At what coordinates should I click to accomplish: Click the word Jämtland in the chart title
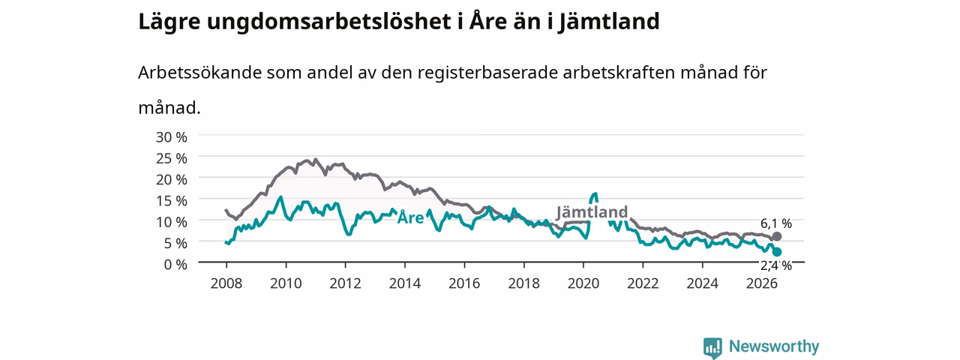click(608, 22)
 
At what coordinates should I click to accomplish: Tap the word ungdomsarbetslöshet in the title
click(329, 22)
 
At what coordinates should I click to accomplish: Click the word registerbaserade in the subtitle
click(487, 73)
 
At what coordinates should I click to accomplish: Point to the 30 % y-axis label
click(172, 137)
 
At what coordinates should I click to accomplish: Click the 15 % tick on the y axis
click(172, 200)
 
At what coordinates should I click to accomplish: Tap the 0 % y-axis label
click(175, 265)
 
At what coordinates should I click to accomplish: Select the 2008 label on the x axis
click(226, 283)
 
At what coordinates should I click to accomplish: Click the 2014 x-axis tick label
click(404, 283)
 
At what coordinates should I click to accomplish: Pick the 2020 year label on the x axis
click(583, 283)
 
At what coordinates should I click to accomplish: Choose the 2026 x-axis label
click(761, 283)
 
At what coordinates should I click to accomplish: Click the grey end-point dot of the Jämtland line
click(776, 236)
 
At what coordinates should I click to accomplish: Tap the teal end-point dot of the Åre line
click(776, 252)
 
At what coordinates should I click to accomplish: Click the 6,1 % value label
click(776, 223)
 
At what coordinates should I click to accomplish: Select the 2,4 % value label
click(776, 265)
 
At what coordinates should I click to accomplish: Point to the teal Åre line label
click(410, 217)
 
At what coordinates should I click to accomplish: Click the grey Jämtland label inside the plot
click(592, 211)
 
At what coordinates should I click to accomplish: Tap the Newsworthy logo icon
click(712, 348)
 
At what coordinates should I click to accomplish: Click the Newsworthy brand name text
click(774, 346)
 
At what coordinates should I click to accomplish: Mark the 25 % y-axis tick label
click(172, 158)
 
